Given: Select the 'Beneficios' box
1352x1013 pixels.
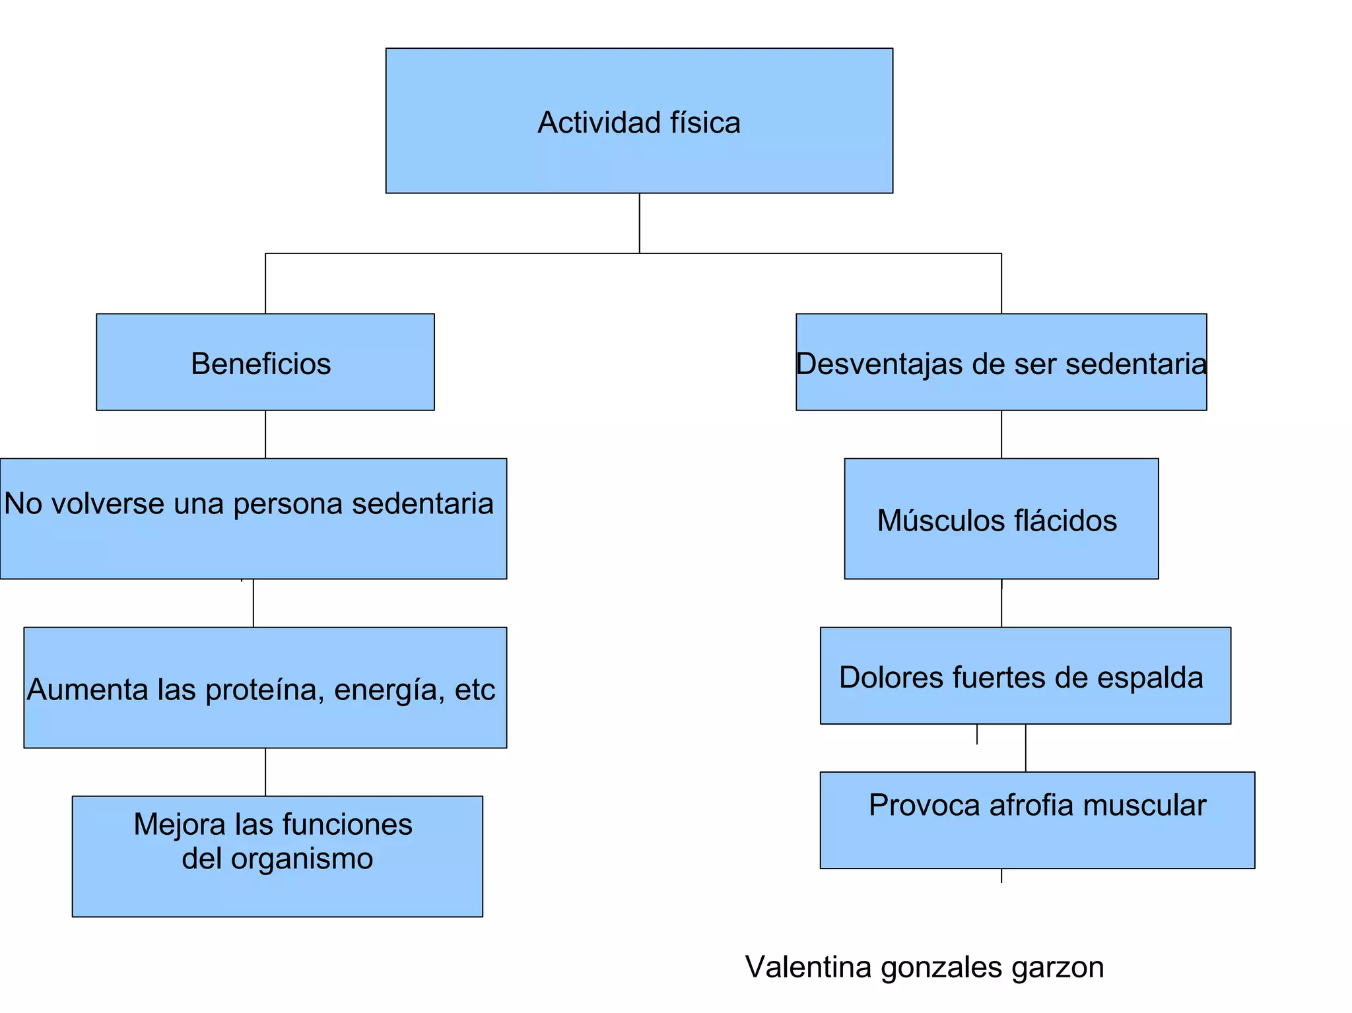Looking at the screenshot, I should tap(265, 362).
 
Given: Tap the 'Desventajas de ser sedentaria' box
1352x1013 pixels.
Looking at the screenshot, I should tap(1001, 362).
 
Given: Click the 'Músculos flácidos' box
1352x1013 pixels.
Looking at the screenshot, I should tap(1001, 519).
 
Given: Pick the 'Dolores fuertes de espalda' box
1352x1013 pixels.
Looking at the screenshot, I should tap(1025, 676).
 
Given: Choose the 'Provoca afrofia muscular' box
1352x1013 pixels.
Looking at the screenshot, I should tap(1037, 820).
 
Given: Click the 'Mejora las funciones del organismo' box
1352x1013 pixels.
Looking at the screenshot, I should tap(277, 857).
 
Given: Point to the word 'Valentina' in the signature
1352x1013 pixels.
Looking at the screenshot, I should tap(807, 967).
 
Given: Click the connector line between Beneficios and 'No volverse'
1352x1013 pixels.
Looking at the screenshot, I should tap(265, 434).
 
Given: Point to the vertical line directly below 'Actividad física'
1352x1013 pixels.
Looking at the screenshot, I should tap(639, 223).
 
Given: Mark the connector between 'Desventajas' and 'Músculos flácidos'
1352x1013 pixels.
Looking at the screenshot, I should tap(1001, 434).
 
